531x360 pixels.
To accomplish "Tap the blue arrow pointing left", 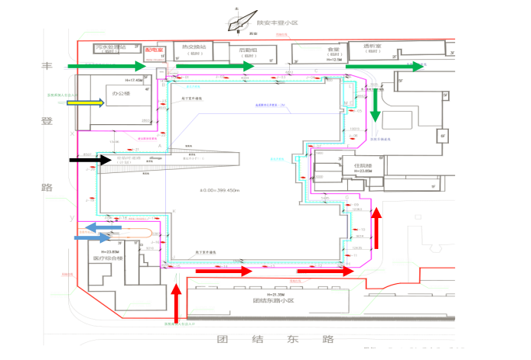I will [x=101, y=227].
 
